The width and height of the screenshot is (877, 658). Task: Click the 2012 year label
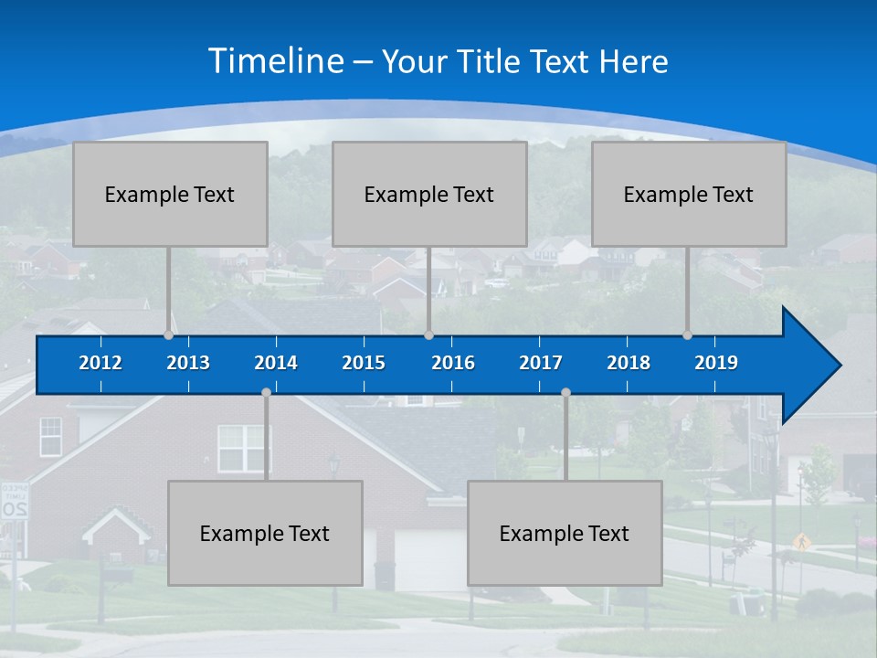[x=100, y=363]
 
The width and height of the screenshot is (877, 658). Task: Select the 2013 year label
[x=188, y=363]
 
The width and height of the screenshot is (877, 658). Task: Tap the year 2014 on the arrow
[x=276, y=363]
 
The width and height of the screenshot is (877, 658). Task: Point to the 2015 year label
[x=364, y=363]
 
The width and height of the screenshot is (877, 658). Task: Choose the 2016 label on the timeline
[x=453, y=363]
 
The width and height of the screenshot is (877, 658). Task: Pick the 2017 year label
[x=541, y=363]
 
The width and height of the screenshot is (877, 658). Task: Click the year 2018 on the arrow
[x=629, y=363]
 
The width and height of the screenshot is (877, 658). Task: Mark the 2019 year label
[x=716, y=363]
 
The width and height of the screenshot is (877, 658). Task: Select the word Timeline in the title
[x=276, y=61]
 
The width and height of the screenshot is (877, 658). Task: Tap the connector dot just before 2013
[x=169, y=334]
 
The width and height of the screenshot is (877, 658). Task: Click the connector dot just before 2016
[x=428, y=334]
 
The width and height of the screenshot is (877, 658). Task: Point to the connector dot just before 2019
[x=688, y=334]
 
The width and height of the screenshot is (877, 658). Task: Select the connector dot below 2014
[x=266, y=392]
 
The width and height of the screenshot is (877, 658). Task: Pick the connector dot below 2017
[x=565, y=392]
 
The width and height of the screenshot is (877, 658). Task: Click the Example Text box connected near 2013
[x=170, y=194]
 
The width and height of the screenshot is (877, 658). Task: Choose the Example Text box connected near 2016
[x=429, y=194]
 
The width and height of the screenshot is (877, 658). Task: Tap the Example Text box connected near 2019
[x=689, y=194]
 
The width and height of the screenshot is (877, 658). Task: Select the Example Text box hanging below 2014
[x=265, y=533]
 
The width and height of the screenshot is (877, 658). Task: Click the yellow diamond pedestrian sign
[x=801, y=540]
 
